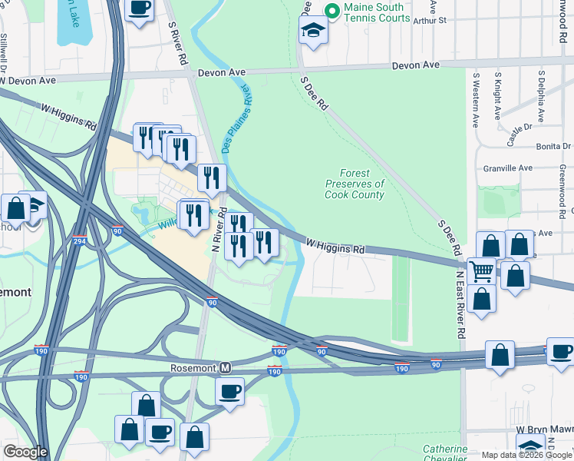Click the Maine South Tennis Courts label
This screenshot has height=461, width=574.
pyautogui.click(x=377, y=12)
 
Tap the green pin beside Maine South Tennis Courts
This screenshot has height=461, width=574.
pyautogui.click(x=332, y=12)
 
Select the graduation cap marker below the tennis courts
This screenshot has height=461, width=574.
pyautogui.click(x=313, y=32)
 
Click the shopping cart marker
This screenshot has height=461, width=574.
pyautogui.click(x=481, y=270)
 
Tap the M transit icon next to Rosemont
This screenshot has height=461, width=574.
pyautogui.click(x=226, y=367)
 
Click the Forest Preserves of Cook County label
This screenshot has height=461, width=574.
pyautogui.click(x=355, y=184)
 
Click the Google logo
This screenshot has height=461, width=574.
pyautogui.click(x=25, y=452)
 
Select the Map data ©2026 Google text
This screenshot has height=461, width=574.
pyautogui.click(x=526, y=455)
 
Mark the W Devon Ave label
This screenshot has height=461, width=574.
pyautogui.click(x=28, y=80)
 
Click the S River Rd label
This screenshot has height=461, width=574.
pyautogui.click(x=178, y=43)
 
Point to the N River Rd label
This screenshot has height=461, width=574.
pyautogui.click(x=218, y=230)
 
